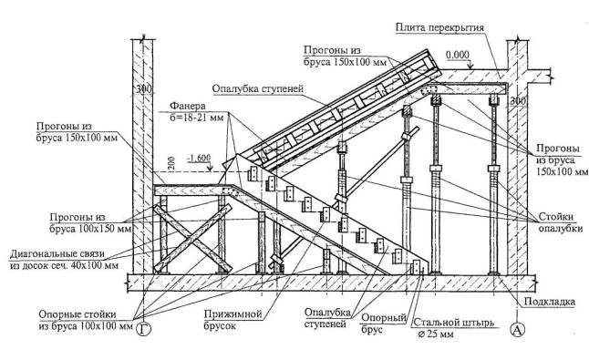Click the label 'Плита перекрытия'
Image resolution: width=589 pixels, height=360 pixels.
point(439,27)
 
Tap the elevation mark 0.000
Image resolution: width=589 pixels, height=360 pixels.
point(458,56)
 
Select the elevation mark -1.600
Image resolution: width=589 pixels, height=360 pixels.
point(199,158)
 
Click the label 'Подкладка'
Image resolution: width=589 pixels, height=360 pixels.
point(550,302)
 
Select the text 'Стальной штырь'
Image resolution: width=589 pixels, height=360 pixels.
point(454,323)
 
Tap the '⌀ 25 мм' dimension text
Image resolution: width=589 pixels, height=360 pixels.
point(435,334)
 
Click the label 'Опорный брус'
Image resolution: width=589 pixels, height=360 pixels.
point(384,324)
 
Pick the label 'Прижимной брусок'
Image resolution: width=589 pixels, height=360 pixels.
point(232,319)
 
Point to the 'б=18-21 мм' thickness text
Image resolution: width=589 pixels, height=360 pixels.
point(197,118)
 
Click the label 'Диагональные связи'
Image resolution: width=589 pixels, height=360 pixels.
point(57,253)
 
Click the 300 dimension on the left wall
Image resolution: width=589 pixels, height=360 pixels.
point(143,89)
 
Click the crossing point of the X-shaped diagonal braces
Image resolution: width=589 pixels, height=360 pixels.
point(193,238)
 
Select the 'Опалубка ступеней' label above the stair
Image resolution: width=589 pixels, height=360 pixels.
point(257,89)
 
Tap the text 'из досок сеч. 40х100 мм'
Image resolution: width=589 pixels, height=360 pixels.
point(64,265)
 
